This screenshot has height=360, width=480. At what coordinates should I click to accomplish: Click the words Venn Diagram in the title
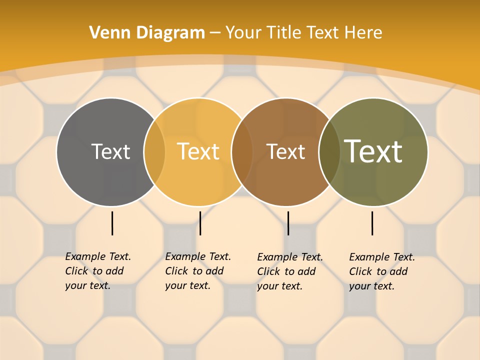pos(147,32)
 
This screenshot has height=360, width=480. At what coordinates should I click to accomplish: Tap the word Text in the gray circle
pos(110,151)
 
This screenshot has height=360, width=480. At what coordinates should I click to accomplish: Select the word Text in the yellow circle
pos(198,151)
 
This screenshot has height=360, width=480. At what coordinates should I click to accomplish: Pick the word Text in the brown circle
pos(285,152)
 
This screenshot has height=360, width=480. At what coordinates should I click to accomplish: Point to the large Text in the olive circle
pos(373,151)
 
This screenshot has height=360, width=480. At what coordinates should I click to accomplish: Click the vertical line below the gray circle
pos(112,223)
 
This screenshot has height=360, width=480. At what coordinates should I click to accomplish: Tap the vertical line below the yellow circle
pos(200,223)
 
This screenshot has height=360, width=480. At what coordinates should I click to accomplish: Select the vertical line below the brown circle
pos(288,223)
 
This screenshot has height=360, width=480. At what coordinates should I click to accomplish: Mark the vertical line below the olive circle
pos(372,223)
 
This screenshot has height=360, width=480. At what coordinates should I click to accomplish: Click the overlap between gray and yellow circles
pos(154,151)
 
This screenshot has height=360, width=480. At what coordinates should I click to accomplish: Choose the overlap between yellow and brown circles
pos(242,151)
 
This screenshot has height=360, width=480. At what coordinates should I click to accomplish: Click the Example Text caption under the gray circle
pos(97,271)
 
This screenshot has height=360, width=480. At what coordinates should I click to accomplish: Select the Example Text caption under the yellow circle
pos(197,271)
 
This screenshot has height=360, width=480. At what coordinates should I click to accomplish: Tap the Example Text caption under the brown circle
pos(289,271)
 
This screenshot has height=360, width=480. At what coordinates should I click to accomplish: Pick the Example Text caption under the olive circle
pos(381,271)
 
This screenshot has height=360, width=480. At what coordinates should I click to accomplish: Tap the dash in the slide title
pos(215,33)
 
